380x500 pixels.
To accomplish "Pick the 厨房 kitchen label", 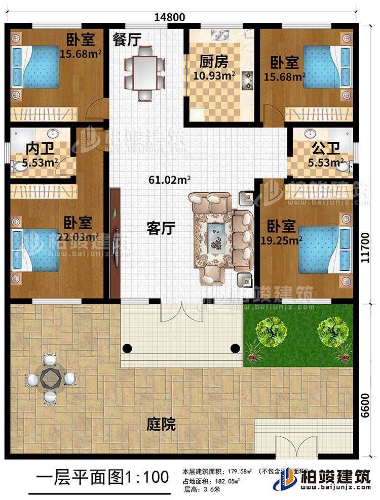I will point(213,62).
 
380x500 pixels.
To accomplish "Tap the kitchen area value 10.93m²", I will point(213,76).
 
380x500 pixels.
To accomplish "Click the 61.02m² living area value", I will point(162,179).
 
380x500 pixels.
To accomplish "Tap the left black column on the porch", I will point(127,348).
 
